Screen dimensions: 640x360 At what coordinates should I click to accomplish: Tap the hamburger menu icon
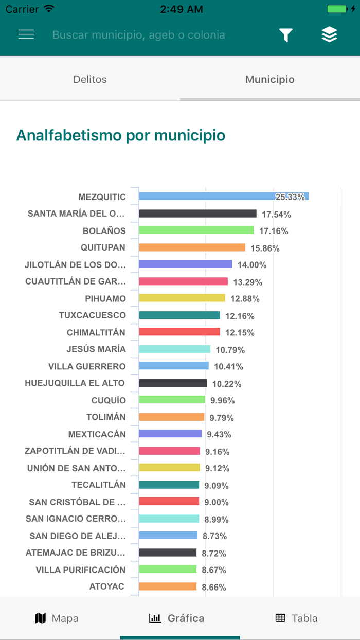point(26,34)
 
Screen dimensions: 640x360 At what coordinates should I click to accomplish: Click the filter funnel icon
point(286,35)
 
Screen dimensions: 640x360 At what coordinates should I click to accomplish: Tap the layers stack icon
point(329,34)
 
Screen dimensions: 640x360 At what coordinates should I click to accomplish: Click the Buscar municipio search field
point(139,35)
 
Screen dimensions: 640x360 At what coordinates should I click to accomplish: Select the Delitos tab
point(90,79)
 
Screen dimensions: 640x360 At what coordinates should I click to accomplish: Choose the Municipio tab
point(269,79)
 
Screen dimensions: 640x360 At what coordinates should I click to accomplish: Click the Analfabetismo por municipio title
point(121,135)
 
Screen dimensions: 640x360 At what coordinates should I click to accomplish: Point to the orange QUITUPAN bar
point(192,247)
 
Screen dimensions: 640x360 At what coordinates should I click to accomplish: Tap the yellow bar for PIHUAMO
point(182,298)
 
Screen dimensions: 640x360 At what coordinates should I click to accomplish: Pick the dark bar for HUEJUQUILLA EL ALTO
point(173,383)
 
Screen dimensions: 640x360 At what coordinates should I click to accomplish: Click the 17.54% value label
point(276,214)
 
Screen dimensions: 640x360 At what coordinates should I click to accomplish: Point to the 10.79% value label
point(230,350)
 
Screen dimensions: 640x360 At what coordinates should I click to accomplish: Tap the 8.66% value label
point(214,587)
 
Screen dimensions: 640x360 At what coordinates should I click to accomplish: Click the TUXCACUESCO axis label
point(92,315)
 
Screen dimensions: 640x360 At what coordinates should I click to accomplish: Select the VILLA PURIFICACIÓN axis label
point(81,570)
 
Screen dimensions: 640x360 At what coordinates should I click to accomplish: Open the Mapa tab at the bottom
point(57,618)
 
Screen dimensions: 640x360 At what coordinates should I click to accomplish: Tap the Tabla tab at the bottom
point(296,618)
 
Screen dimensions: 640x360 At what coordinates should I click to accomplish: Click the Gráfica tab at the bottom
point(176,618)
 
